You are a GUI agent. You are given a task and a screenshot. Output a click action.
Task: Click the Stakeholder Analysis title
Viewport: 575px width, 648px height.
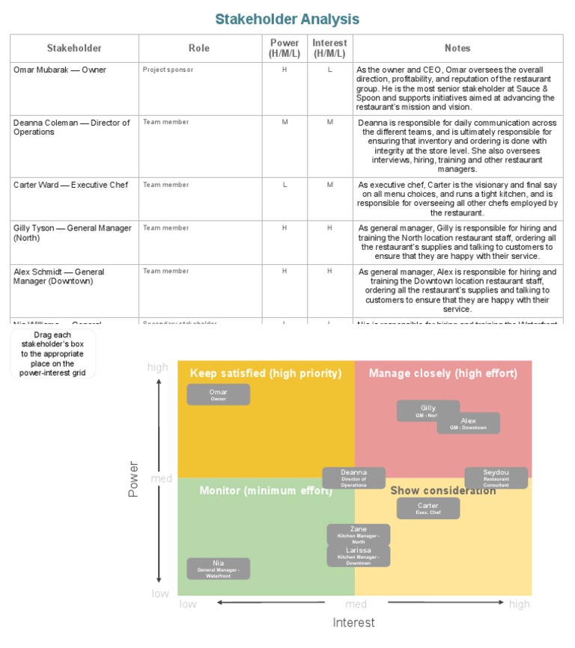(x=287, y=19)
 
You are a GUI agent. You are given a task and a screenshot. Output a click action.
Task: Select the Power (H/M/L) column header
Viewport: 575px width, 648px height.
(x=285, y=48)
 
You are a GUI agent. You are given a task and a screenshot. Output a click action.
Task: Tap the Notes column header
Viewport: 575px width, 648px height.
(x=457, y=48)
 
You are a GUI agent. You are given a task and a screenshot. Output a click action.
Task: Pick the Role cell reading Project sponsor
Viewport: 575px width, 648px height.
(x=168, y=70)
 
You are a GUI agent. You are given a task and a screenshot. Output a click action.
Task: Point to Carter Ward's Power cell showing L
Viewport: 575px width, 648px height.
(x=285, y=185)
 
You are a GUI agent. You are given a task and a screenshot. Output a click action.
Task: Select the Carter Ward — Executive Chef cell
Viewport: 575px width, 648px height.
(x=70, y=185)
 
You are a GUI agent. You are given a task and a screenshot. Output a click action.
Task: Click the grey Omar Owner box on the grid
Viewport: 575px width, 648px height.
(x=218, y=394)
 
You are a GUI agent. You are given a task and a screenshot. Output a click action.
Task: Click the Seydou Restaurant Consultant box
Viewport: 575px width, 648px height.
(x=496, y=477)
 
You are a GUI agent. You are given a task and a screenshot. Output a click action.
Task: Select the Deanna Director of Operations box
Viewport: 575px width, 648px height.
(x=353, y=477)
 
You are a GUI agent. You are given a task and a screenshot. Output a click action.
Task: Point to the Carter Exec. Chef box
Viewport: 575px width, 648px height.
(x=428, y=508)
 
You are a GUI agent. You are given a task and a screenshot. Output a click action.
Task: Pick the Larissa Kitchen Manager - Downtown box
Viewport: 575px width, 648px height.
(x=359, y=556)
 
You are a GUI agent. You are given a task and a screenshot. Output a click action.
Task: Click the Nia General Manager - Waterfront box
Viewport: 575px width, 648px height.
(x=218, y=568)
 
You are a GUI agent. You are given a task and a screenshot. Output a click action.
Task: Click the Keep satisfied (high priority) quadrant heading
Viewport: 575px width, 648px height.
(x=266, y=373)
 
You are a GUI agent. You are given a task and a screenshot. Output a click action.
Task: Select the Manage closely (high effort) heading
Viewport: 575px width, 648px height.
(x=442, y=373)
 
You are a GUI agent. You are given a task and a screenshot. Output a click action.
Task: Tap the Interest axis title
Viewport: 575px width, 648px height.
(x=353, y=622)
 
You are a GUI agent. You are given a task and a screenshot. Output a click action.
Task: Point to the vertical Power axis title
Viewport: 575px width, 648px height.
(x=134, y=479)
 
